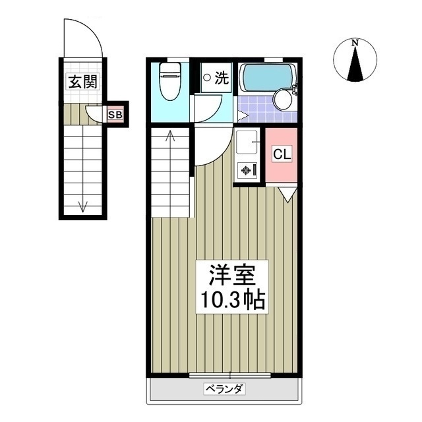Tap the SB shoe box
[x=115, y=115]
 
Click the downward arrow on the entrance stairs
[x=83, y=205]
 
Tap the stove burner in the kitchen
[x=246, y=170]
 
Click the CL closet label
[x=282, y=155]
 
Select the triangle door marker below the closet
[x=287, y=194]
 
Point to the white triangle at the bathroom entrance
[x=242, y=116]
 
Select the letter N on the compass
[x=355, y=44]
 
